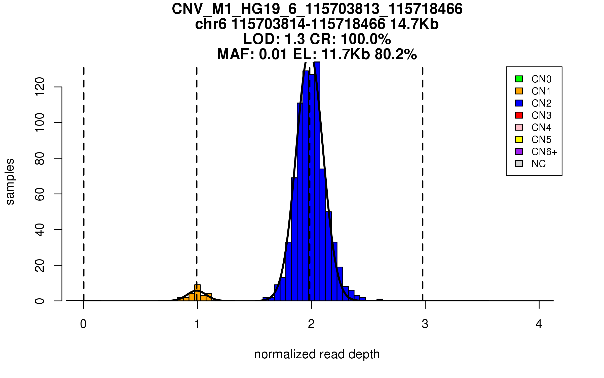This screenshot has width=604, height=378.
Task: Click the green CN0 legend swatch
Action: (x=519, y=79)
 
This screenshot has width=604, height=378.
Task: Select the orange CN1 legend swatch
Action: (x=519, y=91)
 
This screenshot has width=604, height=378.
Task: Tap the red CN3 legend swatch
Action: (x=519, y=115)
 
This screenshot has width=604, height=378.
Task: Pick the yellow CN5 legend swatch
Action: (x=519, y=139)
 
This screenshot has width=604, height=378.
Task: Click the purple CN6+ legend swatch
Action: (x=519, y=151)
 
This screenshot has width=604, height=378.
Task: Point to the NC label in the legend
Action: (x=538, y=164)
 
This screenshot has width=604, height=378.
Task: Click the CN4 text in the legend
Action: (x=541, y=128)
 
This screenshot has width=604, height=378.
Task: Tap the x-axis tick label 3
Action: (x=425, y=324)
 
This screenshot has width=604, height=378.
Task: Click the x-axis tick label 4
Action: (x=539, y=324)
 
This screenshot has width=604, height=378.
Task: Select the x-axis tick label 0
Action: (x=83, y=324)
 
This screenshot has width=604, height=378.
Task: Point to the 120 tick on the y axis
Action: (x=40, y=87)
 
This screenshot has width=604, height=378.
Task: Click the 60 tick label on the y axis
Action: (x=40, y=194)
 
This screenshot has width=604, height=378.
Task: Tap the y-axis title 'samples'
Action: (x=10, y=182)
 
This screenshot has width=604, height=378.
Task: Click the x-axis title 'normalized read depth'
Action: (x=317, y=354)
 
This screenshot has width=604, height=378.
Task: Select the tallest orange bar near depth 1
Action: (x=198, y=293)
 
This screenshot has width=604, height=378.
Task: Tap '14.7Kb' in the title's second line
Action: (x=414, y=24)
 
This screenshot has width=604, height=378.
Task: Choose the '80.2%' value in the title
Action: (x=396, y=54)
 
